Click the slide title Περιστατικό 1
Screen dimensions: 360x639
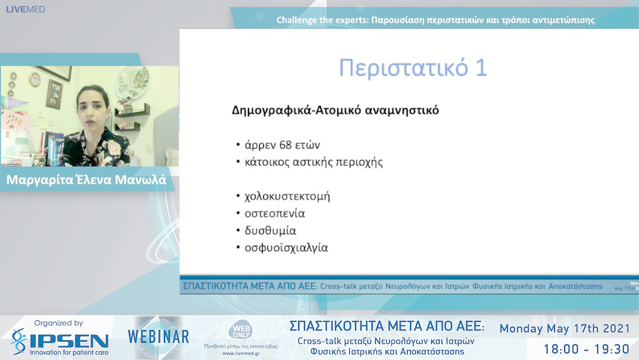(412, 68)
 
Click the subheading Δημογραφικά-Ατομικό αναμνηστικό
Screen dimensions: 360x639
(335, 110)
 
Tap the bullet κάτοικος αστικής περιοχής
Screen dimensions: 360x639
(314, 162)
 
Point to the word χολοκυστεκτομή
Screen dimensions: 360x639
(287, 196)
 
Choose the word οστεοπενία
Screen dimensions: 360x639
(275, 213)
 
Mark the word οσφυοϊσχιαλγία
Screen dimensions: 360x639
(286, 247)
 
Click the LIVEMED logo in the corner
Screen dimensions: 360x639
(25, 9)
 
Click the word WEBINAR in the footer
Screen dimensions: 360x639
(159, 337)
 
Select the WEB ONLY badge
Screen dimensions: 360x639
(241, 330)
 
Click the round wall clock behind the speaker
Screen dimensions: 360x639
(35, 79)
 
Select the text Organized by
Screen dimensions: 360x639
(58, 323)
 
